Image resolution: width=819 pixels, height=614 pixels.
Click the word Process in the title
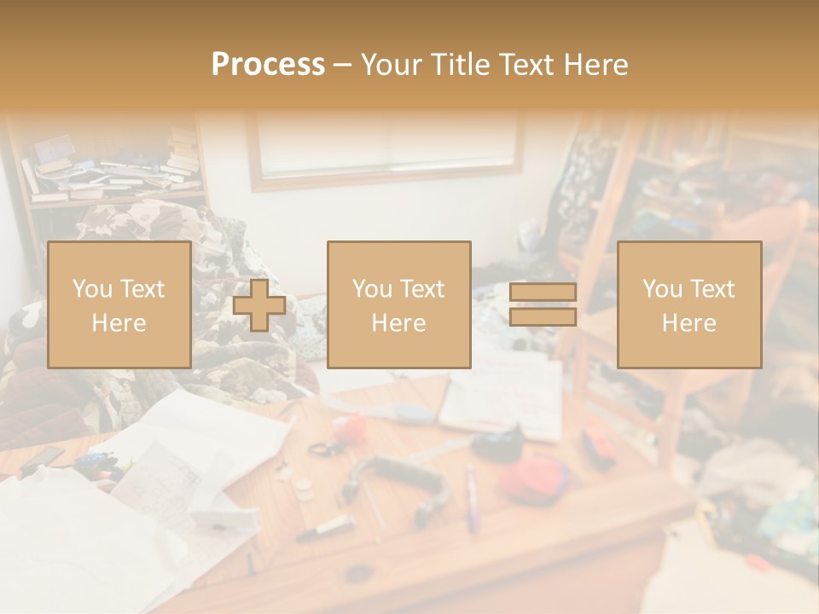tap(268, 65)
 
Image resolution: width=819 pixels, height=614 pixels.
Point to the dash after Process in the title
tap(343, 65)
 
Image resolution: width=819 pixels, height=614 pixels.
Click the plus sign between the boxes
tap(259, 305)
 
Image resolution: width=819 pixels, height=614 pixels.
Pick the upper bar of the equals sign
tap(543, 292)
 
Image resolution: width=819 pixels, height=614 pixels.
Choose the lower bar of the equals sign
tap(543, 317)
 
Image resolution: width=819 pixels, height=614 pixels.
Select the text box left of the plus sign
tap(119, 304)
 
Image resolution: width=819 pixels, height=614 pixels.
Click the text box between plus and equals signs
tap(398, 304)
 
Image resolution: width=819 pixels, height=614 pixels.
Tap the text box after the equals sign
tap(688, 304)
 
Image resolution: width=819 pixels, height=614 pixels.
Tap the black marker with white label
tap(326, 526)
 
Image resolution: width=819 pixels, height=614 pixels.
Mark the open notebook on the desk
tap(503, 395)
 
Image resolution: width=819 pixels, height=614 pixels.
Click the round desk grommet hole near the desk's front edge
tap(359, 572)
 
